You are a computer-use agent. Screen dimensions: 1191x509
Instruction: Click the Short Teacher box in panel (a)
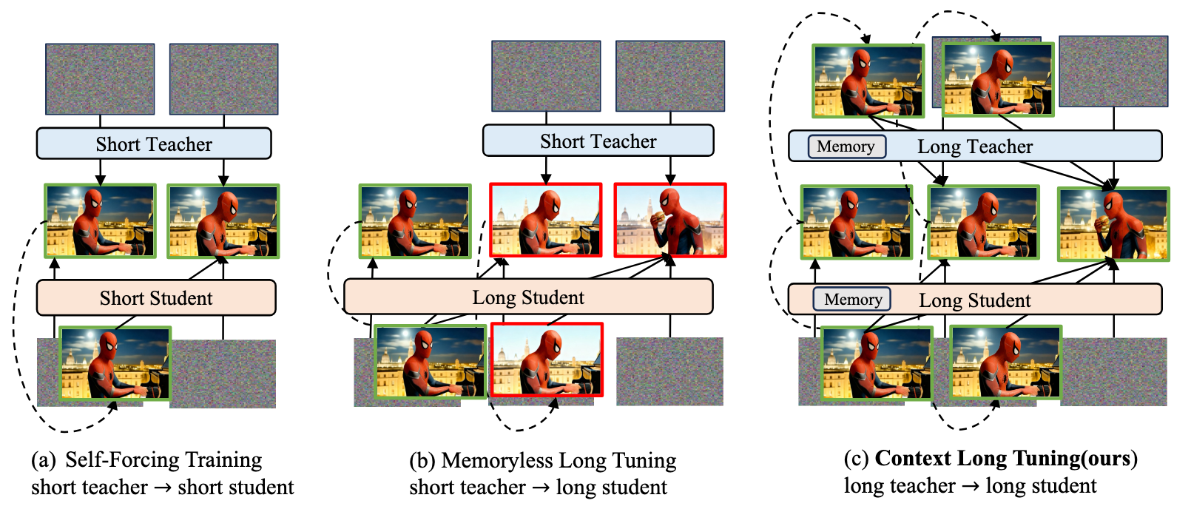click(x=154, y=144)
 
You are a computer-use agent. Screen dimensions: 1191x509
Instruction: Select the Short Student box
click(x=156, y=298)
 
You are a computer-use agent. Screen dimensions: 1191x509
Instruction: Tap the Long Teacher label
click(x=974, y=146)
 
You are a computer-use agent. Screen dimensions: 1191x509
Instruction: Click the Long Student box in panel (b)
click(x=528, y=297)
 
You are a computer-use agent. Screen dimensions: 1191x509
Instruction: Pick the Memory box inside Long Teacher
click(x=846, y=146)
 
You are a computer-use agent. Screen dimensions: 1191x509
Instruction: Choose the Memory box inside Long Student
click(x=851, y=300)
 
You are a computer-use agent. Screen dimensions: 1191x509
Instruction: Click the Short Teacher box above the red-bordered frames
click(x=598, y=141)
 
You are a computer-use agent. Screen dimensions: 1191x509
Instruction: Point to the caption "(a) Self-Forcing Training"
click(x=146, y=459)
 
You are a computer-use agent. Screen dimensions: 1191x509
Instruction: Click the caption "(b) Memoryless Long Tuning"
click(x=543, y=460)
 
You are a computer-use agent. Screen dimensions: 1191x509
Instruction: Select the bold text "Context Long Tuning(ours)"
click(x=1006, y=458)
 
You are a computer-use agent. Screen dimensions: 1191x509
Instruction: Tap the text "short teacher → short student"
click(x=163, y=488)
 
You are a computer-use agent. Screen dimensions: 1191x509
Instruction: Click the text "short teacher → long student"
click(x=538, y=488)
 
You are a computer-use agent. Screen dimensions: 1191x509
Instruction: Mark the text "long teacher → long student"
click(x=971, y=485)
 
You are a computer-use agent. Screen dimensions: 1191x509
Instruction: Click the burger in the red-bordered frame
click(x=658, y=217)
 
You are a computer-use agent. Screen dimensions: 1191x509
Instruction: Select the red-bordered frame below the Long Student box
click(x=547, y=360)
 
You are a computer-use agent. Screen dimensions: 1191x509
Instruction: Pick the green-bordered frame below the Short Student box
click(x=115, y=363)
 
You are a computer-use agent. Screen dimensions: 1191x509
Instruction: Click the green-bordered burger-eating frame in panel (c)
click(x=1113, y=224)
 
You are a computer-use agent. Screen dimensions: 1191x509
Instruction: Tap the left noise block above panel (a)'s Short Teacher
click(x=100, y=78)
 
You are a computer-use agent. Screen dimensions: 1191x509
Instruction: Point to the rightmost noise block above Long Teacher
click(x=1113, y=71)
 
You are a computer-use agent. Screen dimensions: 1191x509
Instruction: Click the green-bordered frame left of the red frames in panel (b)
click(x=415, y=221)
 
